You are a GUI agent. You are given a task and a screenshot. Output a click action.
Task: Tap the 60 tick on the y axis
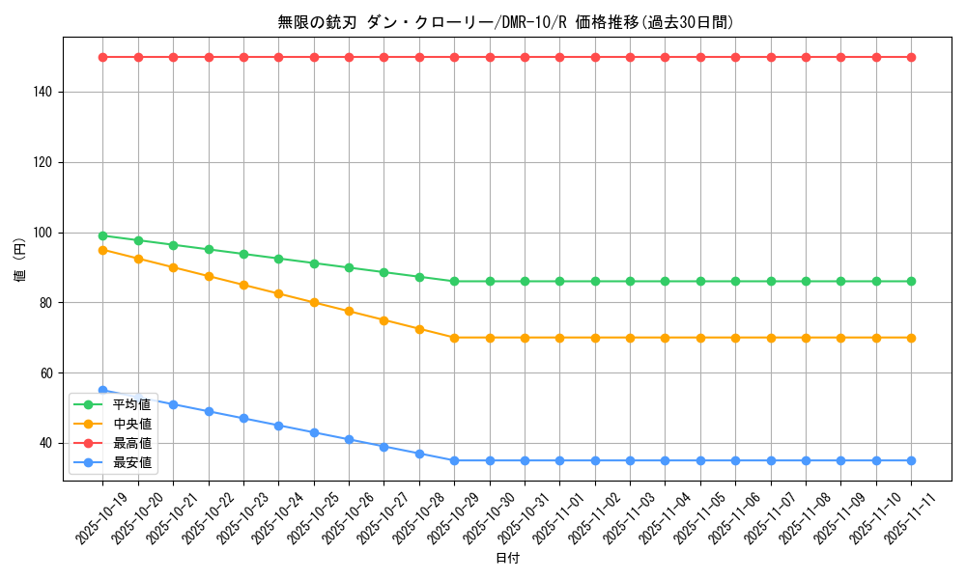(48, 373)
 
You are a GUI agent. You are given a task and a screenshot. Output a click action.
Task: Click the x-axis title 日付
(507, 559)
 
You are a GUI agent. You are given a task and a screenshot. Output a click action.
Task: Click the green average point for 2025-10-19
(102, 235)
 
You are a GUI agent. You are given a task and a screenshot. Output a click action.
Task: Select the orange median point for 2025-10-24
(278, 293)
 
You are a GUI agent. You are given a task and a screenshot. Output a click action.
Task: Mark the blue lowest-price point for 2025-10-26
(349, 439)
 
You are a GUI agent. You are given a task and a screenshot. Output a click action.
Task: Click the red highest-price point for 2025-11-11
(911, 57)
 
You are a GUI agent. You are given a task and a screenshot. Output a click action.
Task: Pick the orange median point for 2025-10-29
(454, 338)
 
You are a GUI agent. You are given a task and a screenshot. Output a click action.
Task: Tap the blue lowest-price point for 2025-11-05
(700, 460)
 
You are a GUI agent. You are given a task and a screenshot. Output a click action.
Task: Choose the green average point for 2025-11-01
(559, 281)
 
